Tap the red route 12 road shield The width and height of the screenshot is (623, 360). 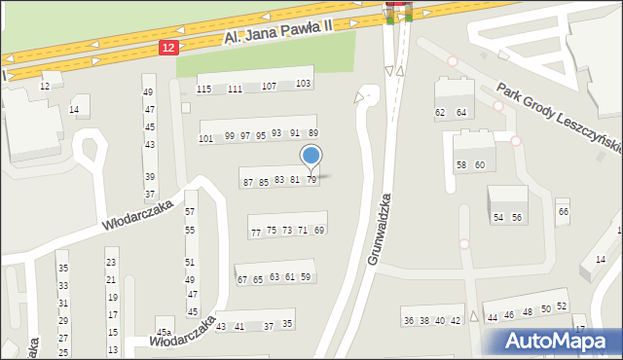[168, 47]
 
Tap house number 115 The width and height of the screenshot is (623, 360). [203, 89]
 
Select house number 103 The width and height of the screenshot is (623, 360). [303, 84]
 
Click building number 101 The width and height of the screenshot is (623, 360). [205, 139]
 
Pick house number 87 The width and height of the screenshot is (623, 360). [248, 183]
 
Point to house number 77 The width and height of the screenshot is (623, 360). [256, 234]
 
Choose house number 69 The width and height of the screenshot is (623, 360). [319, 230]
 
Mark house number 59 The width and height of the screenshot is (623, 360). [306, 277]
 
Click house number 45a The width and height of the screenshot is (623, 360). [164, 333]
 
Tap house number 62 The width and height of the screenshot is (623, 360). [440, 113]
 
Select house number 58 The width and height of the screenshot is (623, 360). [461, 165]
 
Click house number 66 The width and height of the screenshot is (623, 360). [563, 212]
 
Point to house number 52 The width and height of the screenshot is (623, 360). [562, 307]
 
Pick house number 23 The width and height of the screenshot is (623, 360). [111, 263]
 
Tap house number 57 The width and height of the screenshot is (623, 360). [190, 211]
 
